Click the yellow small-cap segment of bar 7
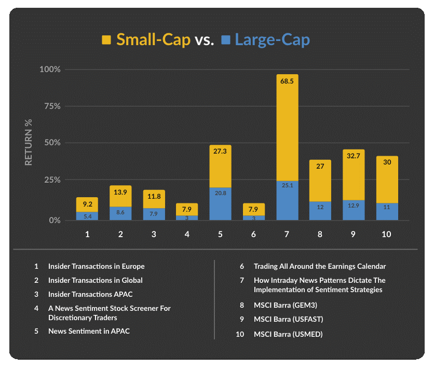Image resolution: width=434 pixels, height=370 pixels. point(287,130)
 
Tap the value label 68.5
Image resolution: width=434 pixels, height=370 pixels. point(287,81)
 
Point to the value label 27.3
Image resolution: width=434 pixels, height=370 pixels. point(220,152)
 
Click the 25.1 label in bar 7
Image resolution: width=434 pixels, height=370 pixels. point(287,185)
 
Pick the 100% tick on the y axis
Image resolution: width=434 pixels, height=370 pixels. point(50,70)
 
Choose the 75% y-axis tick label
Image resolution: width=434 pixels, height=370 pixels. point(52,106)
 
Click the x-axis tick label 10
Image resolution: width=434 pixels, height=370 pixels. point(387,234)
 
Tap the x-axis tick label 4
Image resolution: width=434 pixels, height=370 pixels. point(187,234)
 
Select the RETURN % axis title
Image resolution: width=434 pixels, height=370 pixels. point(29,142)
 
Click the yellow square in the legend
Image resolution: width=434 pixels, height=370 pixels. point(107,40)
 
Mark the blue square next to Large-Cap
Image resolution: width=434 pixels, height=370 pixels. point(225,40)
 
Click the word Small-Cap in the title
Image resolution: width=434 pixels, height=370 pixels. point(153,40)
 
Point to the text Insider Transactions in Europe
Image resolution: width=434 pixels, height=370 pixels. point(96,266)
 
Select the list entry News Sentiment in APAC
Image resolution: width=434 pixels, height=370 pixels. point(89,331)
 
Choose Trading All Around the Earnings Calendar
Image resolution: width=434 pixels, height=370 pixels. point(320,266)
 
